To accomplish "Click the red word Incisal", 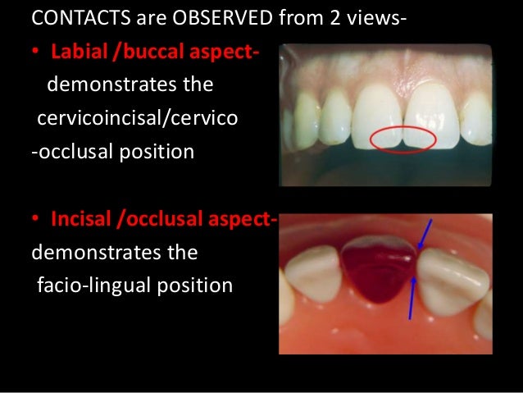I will click(x=83, y=220).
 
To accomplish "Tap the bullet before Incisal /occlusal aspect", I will click(x=36, y=221).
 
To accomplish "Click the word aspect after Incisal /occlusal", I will click(x=245, y=220).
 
